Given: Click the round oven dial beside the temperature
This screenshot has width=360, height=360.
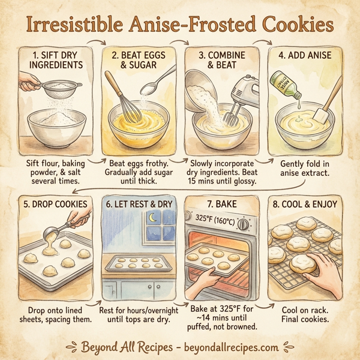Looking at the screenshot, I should (x=243, y=224).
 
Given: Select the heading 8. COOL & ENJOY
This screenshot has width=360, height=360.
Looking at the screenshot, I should (x=305, y=204).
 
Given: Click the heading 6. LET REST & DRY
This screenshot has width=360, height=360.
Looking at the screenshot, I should (x=138, y=204).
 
